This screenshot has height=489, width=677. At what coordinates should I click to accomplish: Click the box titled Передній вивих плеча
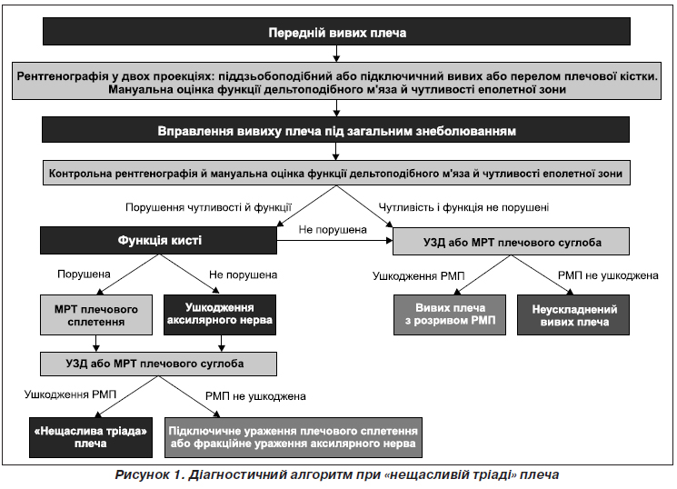pyautogui.click(x=336, y=32)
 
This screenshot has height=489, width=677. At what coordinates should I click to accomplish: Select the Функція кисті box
pyautogui.click(x=158, y=240)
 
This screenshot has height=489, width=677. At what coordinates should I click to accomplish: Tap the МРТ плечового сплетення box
pyautogui.click(x=96, y=314)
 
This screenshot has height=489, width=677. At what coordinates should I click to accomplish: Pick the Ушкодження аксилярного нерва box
pyautogui.click(x=220, y=314)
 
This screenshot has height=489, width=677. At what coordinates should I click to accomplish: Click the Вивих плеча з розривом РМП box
pyautogui.click(x=450, y=314)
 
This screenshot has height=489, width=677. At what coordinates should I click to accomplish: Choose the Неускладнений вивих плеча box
pyautogui.click(x=573, y=314)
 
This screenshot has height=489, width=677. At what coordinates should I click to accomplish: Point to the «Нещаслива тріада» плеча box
pyautogui.click(x=91, y=437)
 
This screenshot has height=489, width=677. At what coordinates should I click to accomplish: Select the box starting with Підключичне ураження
pyautogui.click(x=294, y=437)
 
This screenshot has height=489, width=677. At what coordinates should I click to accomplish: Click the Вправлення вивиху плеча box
pyautogui.click(x=336, y=130)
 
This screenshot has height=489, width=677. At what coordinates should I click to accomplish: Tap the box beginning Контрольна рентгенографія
pyautogui.click(x=336, y=173)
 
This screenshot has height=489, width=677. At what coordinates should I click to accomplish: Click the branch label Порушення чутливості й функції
pyautogui.click(x=208, y=207)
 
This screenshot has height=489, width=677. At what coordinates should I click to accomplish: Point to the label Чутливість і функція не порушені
pyautogui.click(x=463, y=207)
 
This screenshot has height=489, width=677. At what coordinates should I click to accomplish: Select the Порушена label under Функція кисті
pyautogui.click(x=84, y=274)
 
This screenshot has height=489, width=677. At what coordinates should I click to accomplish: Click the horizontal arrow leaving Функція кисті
pyautogui.click(x=334, y=241)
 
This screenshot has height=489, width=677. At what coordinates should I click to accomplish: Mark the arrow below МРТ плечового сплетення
pyautogui.click(x=96, y=344)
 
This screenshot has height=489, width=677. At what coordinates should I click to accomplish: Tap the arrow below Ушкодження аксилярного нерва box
pyautogui.click(x=222, y=344)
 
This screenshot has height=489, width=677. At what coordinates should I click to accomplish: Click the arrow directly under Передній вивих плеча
pyautogui.click(x=336, y=54)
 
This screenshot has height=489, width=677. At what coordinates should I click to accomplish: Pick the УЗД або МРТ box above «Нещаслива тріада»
pyautogui.click(x=158, y=364)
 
